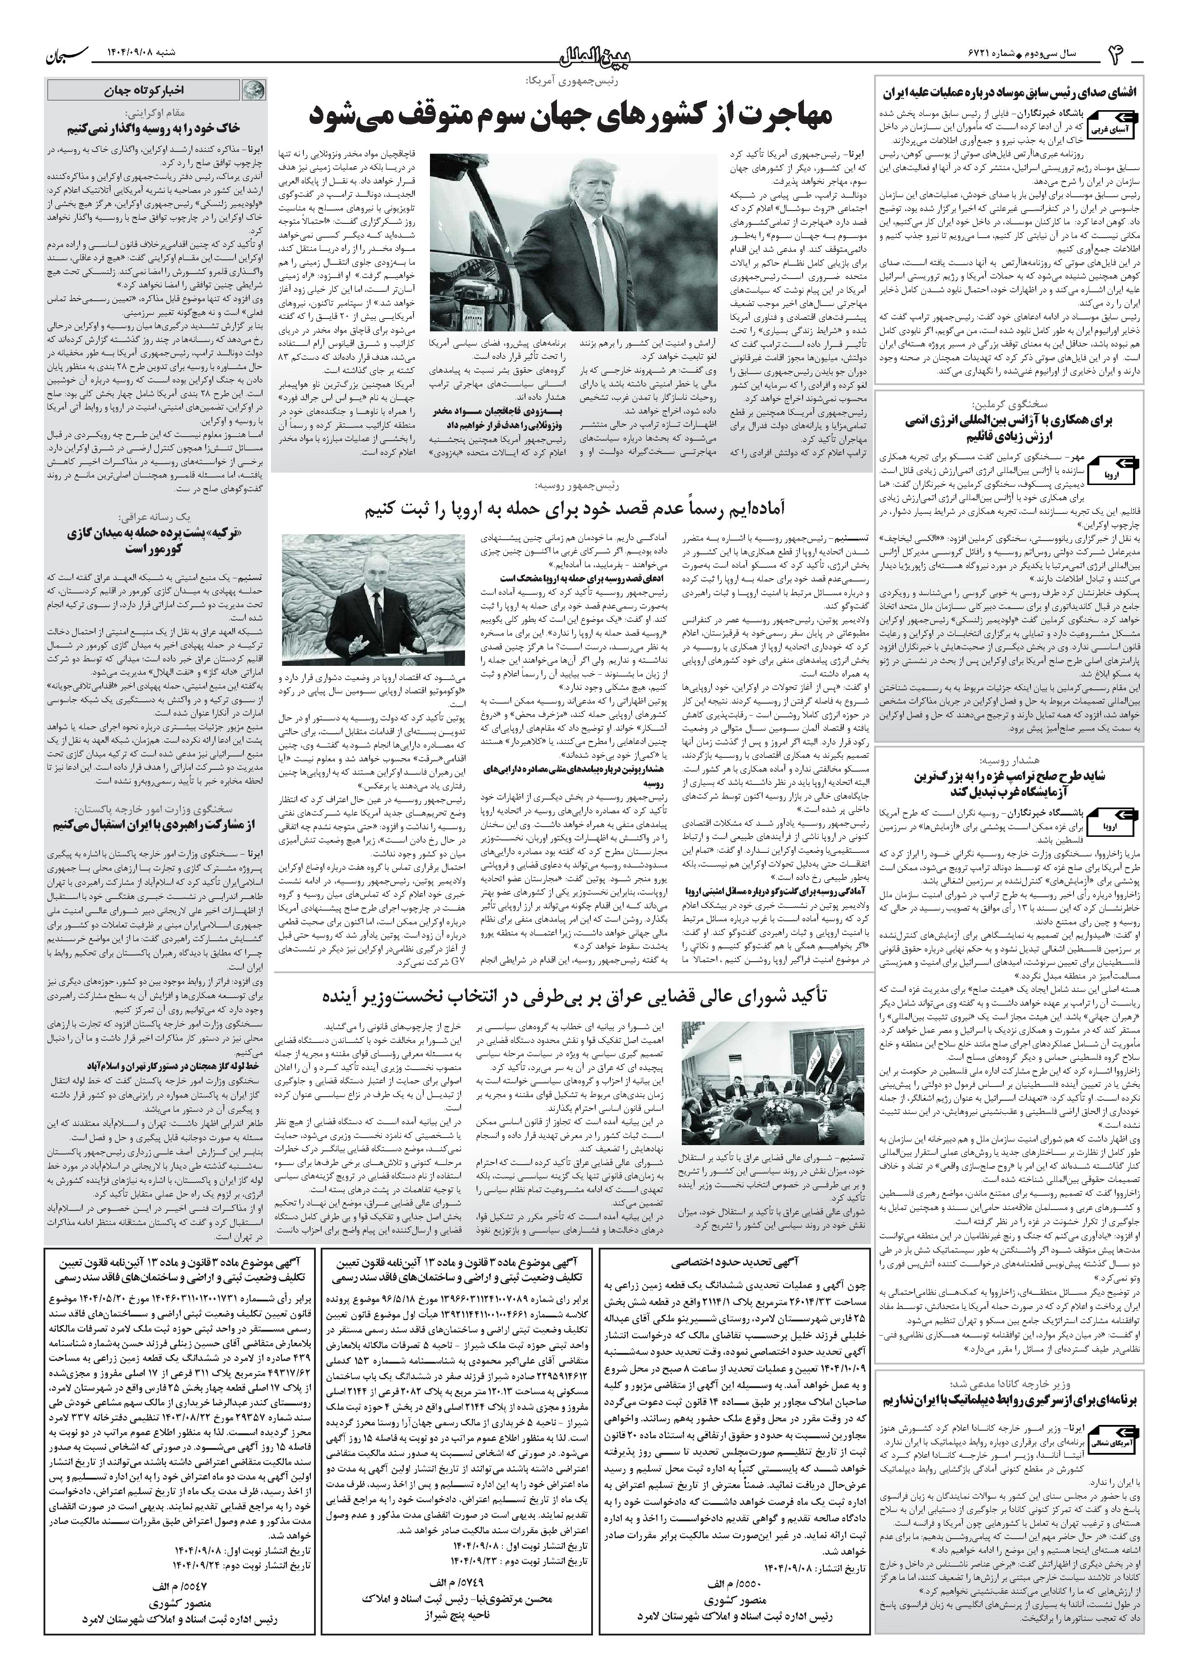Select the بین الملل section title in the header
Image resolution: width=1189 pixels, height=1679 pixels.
(594, 53)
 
